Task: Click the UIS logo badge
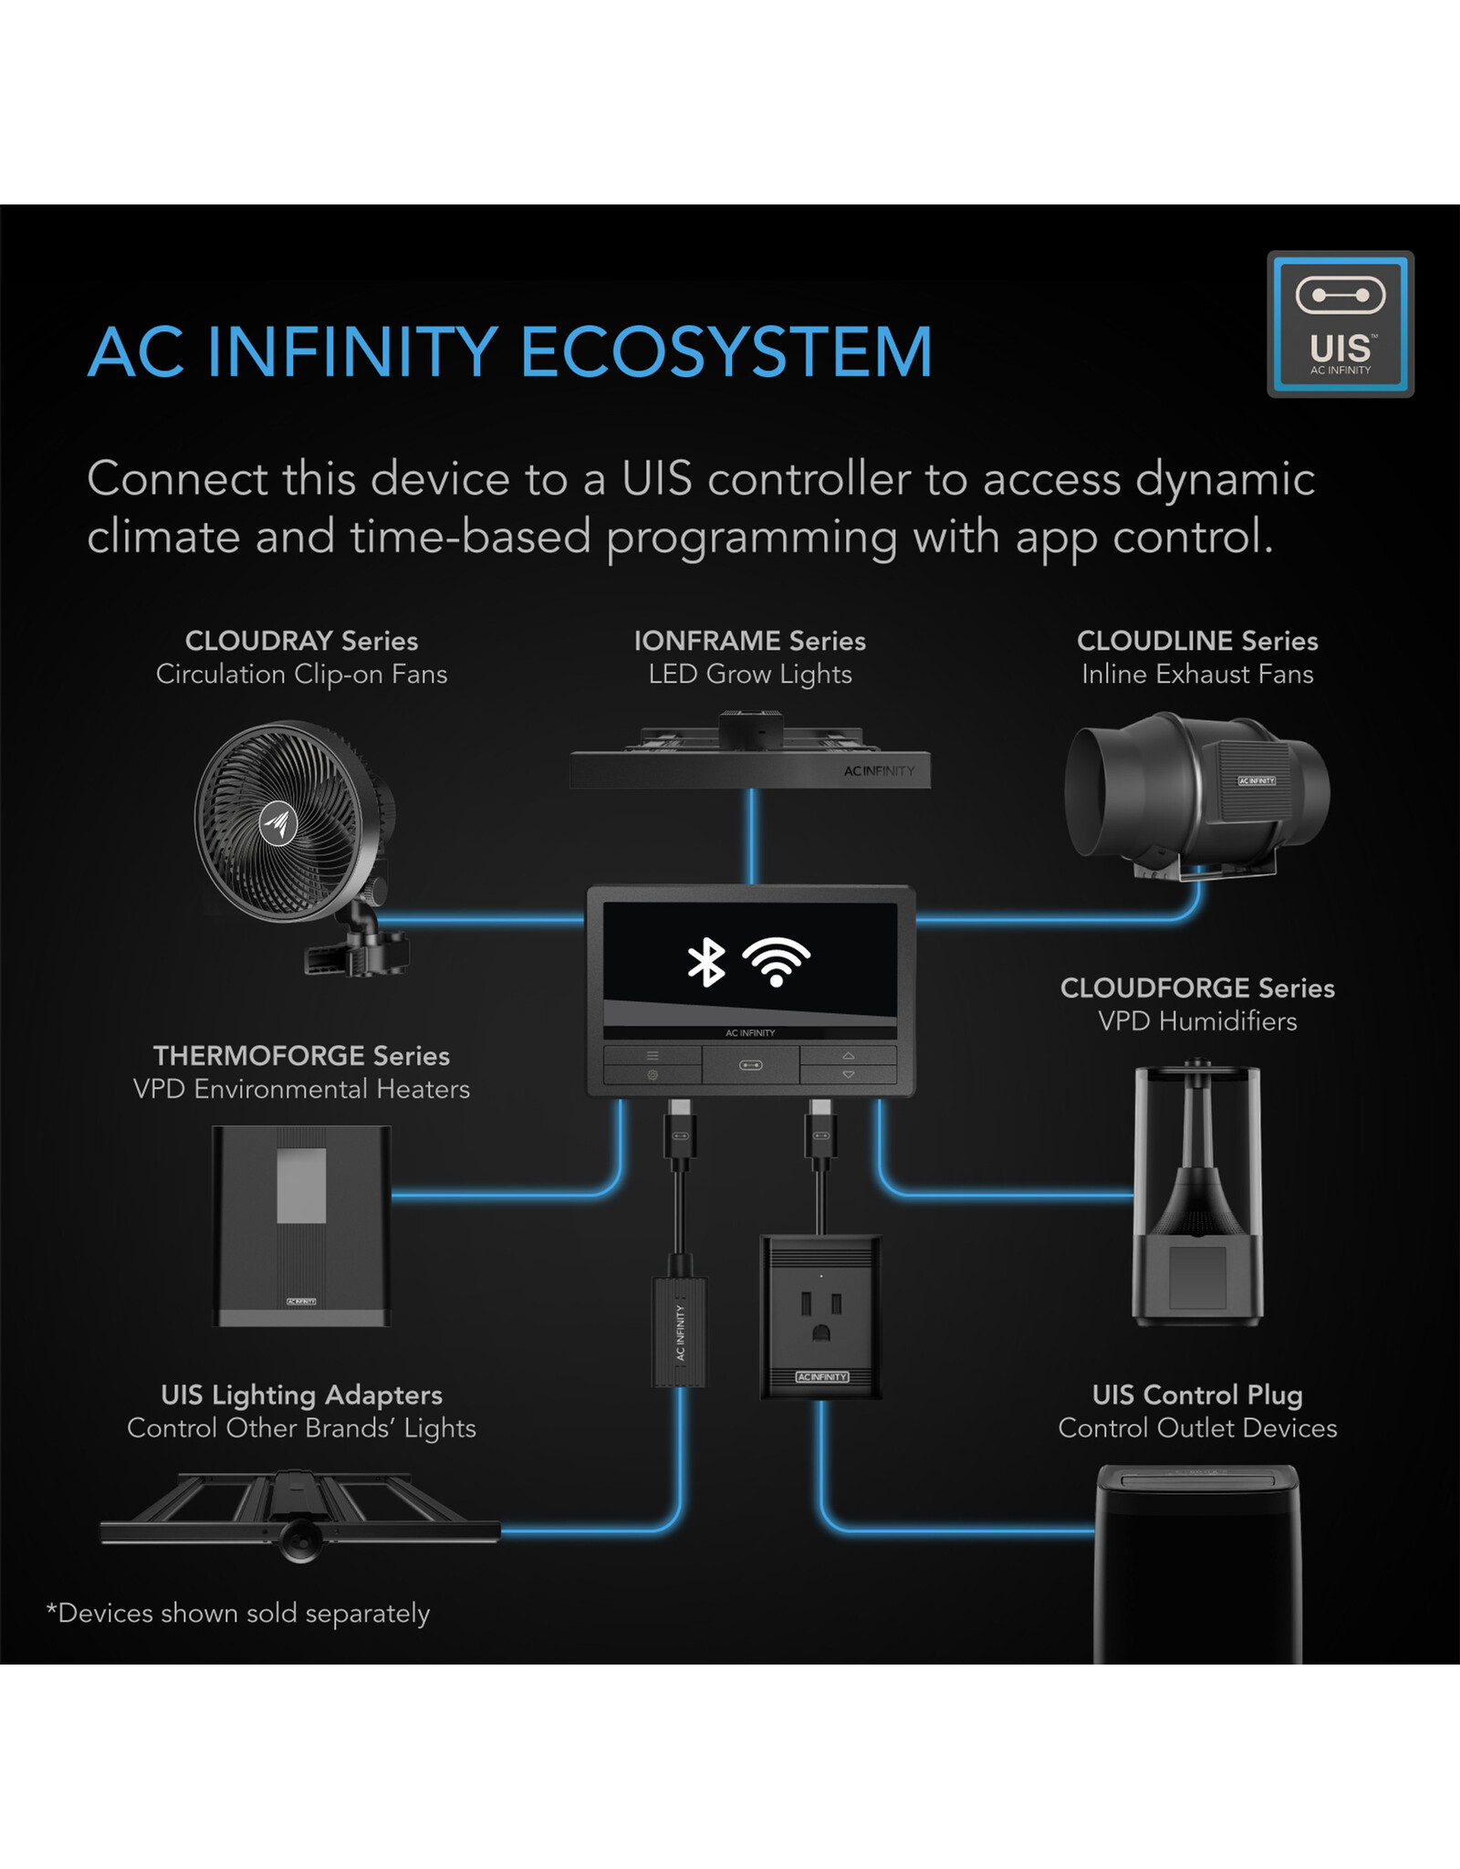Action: tap(1340, 324)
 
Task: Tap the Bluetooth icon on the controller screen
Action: tap(705, 962)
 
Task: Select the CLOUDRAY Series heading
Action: tap(301, 641)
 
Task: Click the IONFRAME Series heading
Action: tap(749, 641)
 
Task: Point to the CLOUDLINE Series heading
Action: tap(1197, 641)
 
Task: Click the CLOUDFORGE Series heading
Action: tap(1197, 987)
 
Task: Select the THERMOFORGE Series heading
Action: tap(301, 1056)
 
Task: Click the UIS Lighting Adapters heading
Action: tap(301, 1394)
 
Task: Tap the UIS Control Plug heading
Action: tap(1197, 1394)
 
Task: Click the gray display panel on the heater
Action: tap(301, 1185)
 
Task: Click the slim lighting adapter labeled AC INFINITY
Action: tap(680, 1331)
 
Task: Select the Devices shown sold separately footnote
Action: tap(238, 1613)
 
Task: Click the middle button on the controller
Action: tap(750, 1065)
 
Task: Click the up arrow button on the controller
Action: tap(848, 1055)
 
